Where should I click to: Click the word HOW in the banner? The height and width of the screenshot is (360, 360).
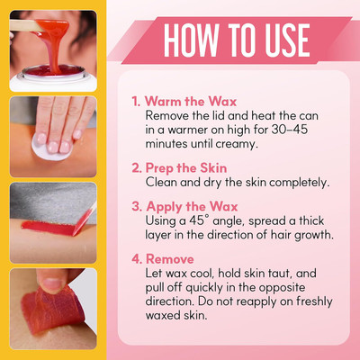191,40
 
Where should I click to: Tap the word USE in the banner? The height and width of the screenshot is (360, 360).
287,40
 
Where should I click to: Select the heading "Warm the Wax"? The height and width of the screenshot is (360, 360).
191,102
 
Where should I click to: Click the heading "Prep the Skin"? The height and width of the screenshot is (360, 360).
186,168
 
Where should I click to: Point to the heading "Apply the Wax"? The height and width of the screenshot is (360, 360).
192,207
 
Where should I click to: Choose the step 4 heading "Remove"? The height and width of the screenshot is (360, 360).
170,259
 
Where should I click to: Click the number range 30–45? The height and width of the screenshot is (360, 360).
290,130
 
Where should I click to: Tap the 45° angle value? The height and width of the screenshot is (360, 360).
199,220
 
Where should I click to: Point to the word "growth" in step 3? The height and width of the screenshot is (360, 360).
314,235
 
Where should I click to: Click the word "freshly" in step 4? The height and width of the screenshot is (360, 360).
314,301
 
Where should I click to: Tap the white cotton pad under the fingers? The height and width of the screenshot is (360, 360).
51,148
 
